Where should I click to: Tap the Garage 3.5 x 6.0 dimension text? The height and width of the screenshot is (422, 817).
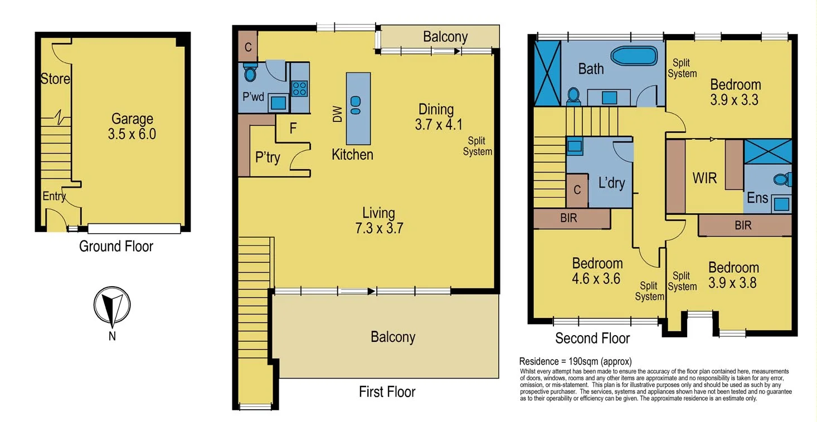pos(132,134)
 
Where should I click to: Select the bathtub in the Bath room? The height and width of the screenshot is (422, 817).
pos(634,57)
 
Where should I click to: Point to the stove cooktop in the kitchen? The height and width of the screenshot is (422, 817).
pos(300,89)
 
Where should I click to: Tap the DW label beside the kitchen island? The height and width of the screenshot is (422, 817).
pos(337,115)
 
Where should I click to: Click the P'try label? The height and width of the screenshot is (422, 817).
pos(268,158)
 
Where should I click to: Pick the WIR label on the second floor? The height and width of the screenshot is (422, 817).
pos(704,179)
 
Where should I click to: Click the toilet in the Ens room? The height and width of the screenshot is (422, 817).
pos(782,179)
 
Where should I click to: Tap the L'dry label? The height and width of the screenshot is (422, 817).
pos(611,183)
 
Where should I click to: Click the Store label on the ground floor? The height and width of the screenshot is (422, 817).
pos(55,79)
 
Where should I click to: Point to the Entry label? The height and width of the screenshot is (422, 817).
pos(54,196)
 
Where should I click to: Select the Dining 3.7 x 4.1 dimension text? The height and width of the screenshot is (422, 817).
pos(439,124)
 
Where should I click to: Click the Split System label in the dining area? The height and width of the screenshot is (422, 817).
pos(477,146)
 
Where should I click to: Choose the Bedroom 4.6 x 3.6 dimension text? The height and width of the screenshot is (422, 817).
pos(597,278)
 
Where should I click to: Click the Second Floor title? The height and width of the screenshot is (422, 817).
pos(592,338)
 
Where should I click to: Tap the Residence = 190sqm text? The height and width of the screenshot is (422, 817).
pos(575,361)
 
